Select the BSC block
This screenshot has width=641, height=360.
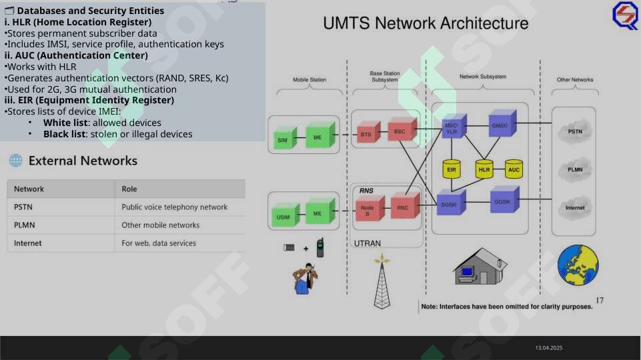401,130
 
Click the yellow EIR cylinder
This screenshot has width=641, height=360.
452,169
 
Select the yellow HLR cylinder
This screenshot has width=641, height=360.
484,169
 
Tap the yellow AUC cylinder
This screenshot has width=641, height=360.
514,169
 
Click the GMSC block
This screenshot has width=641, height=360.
501,125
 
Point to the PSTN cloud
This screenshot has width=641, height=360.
576,131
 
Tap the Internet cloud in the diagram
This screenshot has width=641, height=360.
576,207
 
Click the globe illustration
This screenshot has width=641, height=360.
578,264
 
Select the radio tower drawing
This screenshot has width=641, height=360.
382,283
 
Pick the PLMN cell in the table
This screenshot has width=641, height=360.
28,225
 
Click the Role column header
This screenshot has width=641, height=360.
129,189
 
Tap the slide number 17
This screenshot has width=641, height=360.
599,301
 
